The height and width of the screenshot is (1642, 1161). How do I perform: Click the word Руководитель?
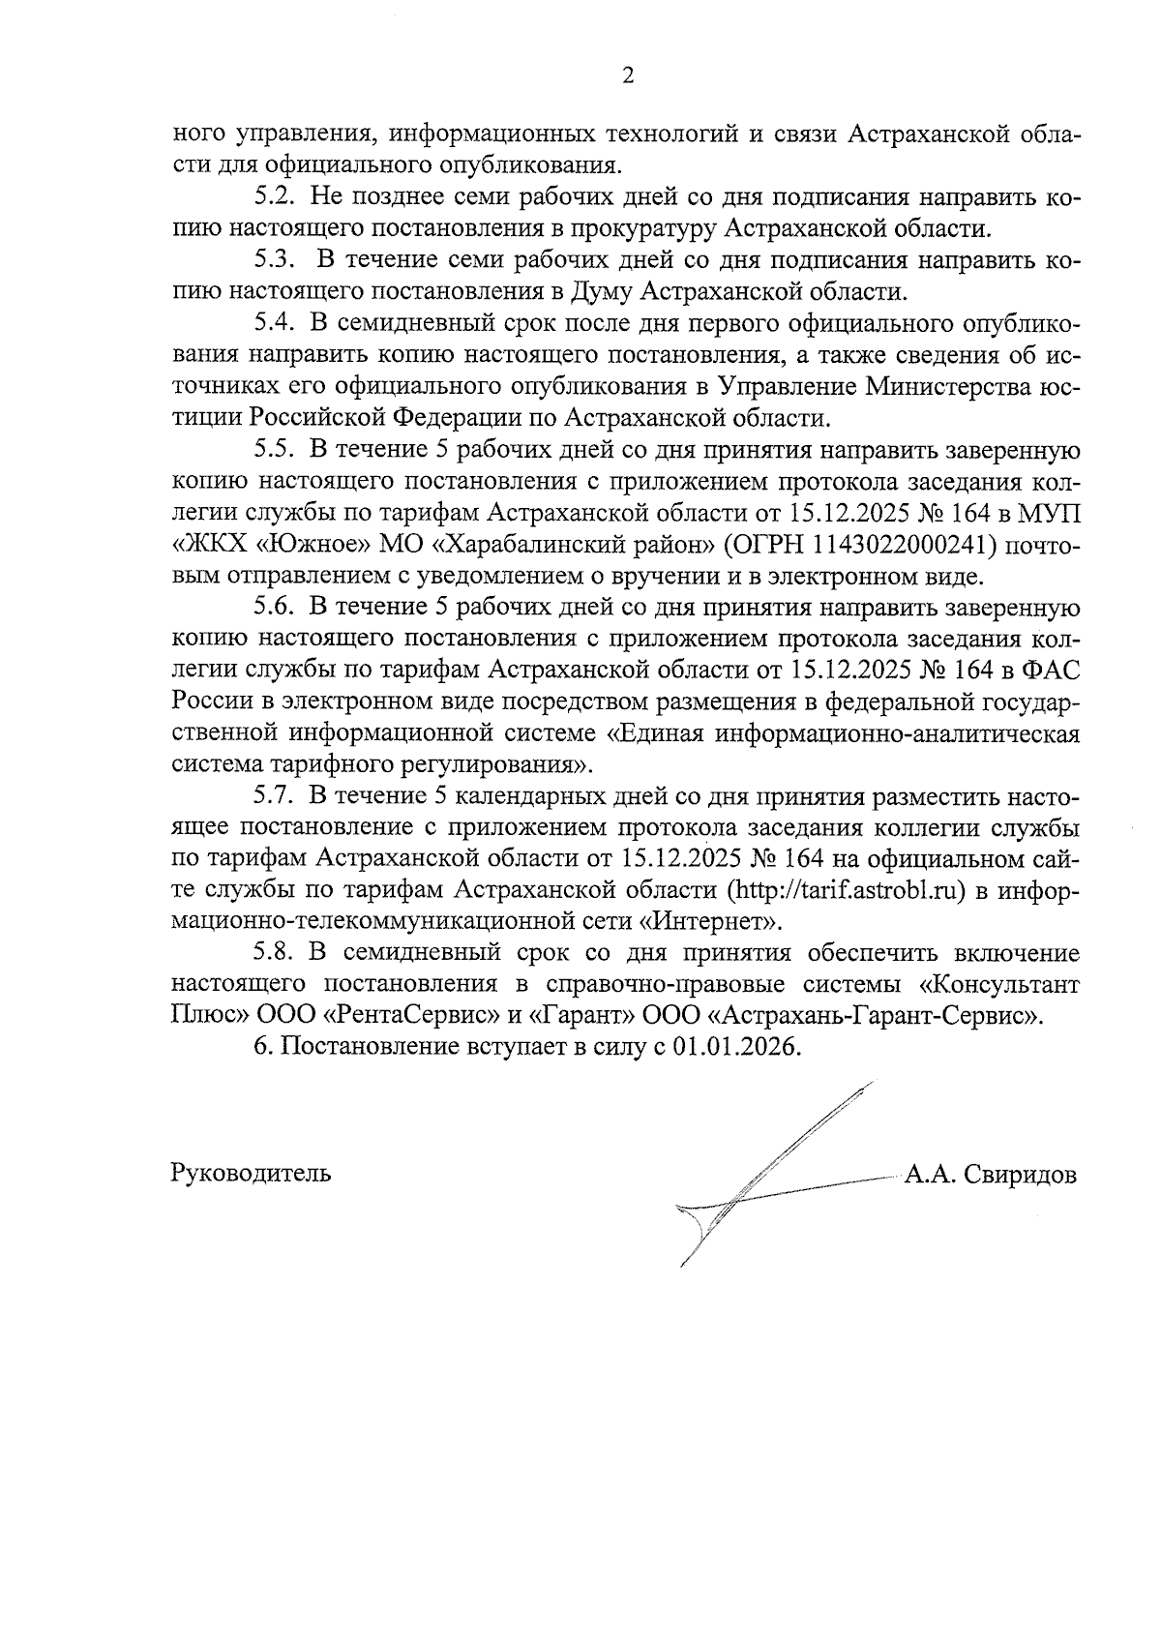click(x=251, y=1174)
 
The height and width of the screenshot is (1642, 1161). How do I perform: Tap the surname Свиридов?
click(x=1021, y=1175)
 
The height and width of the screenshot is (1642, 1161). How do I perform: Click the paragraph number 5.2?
click(x=274, y=196)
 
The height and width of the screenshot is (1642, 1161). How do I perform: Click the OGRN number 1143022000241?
click(x=899, y=545)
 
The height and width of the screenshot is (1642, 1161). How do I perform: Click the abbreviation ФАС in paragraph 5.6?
click(x=1052, y=670)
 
